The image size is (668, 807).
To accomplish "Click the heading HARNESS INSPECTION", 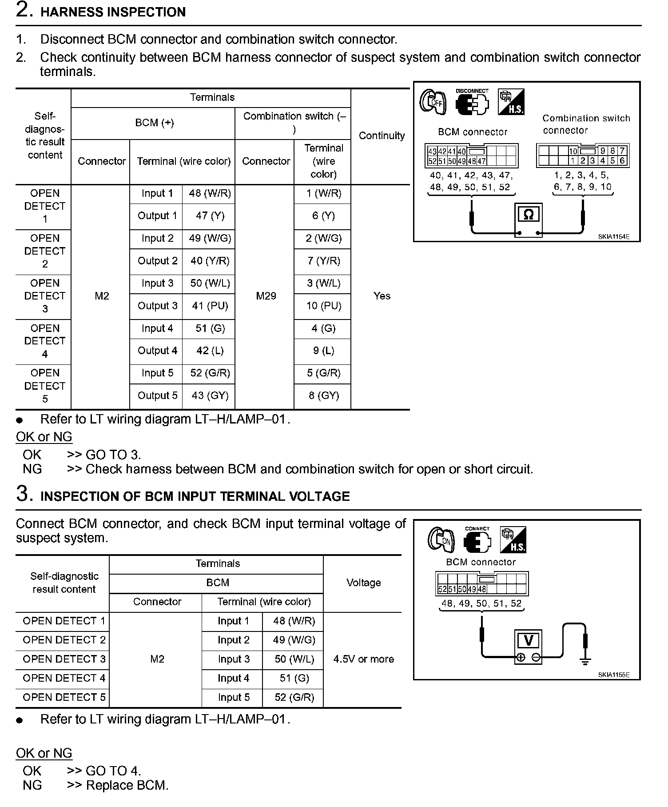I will click(x=113, y=12).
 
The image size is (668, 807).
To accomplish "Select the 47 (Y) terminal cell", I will click(x=210, y=216).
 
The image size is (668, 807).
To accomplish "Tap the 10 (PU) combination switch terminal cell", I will click(x=323, y=306).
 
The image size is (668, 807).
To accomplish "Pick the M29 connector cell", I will click(x=266, y=296).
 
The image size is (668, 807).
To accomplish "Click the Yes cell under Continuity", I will click(x=382, y=296).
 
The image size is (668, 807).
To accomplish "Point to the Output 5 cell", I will click(x=157, y=396).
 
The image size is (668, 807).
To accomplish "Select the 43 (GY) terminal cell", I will click(x=210, y=396).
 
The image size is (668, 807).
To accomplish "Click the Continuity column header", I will click(x=382, y=136).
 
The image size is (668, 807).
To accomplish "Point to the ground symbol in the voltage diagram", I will click(x=585, y=661).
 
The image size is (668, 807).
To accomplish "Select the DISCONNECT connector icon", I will click(x=472, y=103).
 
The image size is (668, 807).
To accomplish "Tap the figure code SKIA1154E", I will click(x=613, y=237).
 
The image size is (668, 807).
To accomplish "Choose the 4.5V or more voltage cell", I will click(x=363, y=659).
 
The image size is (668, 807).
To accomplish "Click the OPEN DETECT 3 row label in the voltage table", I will click(x=64, y=659).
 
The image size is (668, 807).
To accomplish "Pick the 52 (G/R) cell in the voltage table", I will click(x=294, y=697).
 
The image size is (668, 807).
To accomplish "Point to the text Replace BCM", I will click(x=127, y=785).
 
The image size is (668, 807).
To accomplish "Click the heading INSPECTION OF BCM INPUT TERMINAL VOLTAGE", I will click(x=195, y=496).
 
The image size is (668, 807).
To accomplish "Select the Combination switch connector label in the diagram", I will click(x=585, y=124).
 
